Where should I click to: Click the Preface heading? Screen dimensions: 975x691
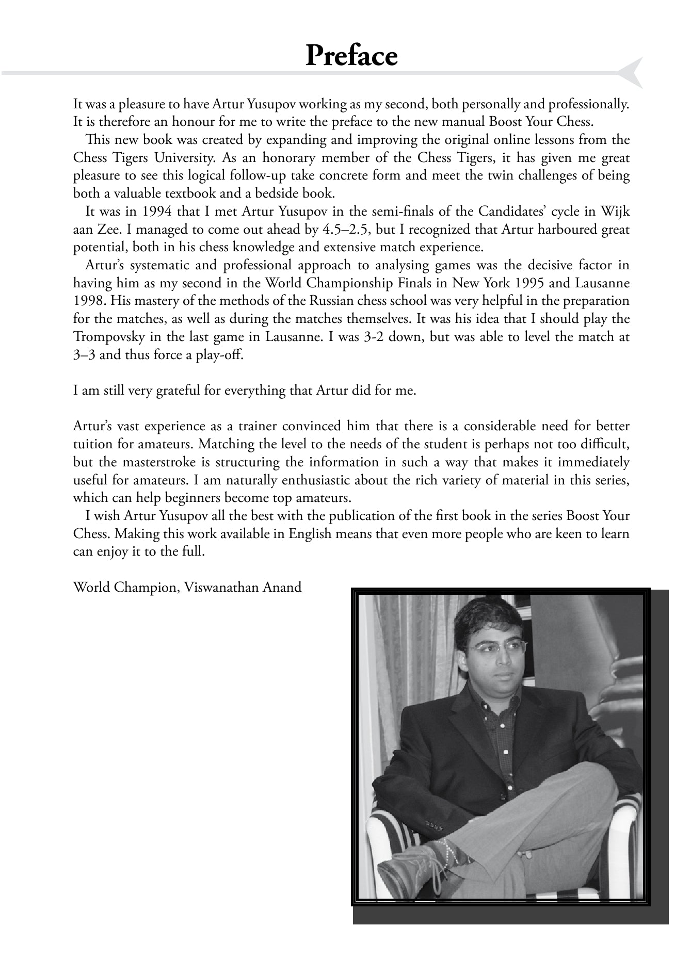point(351,56)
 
